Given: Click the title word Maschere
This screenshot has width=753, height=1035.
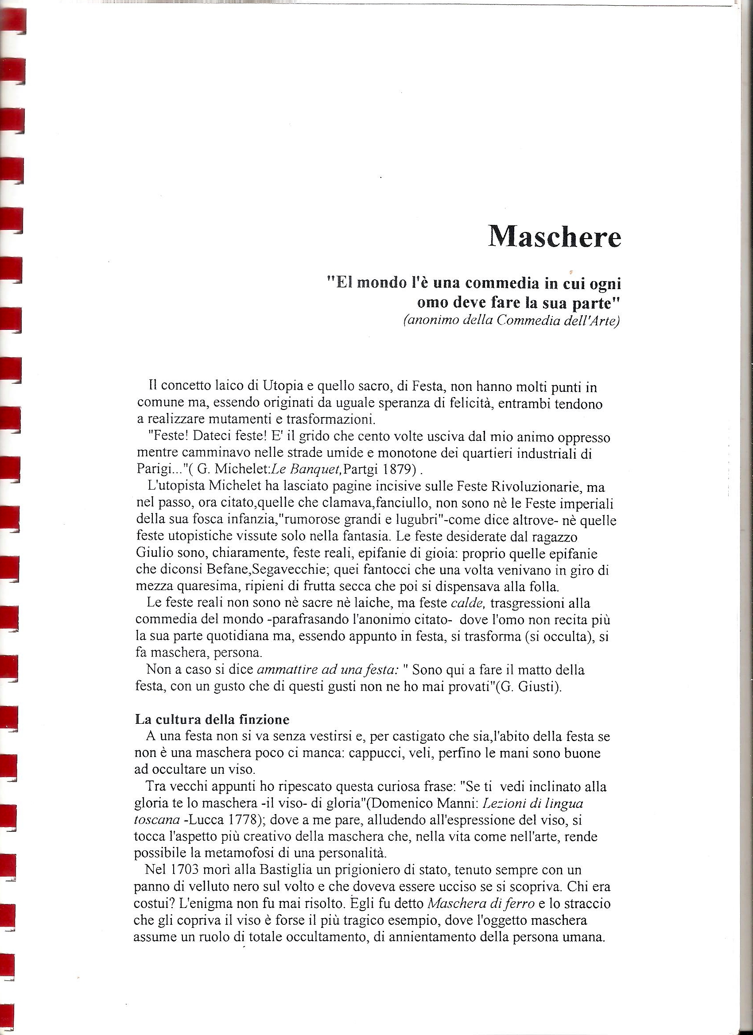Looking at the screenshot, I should tap(555, 236).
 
